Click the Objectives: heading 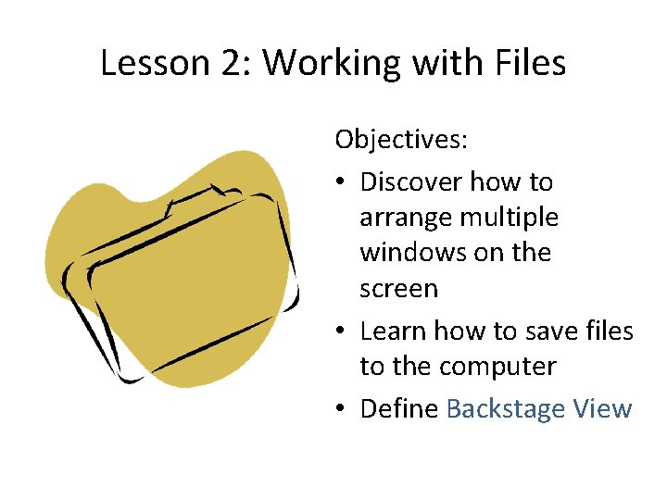click(x=401, y=140)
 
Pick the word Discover click(x=411, y=181)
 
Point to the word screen click(x=398, y=289)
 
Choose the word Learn click(x=389, y=331)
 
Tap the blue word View click(x=602, y=408)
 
